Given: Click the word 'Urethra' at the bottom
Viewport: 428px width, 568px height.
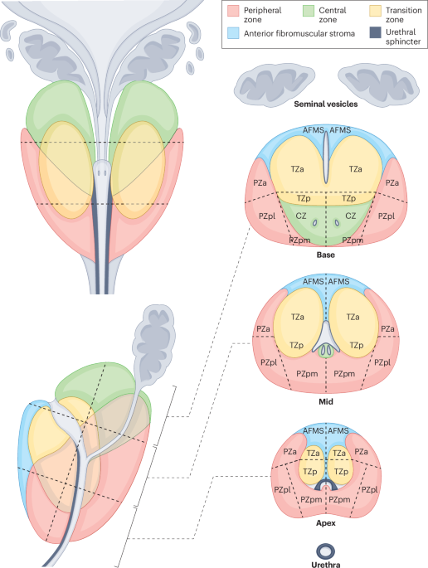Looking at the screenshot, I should (x=326, y=562).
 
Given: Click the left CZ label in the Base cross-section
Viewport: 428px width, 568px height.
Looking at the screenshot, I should (x=302, y=215).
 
